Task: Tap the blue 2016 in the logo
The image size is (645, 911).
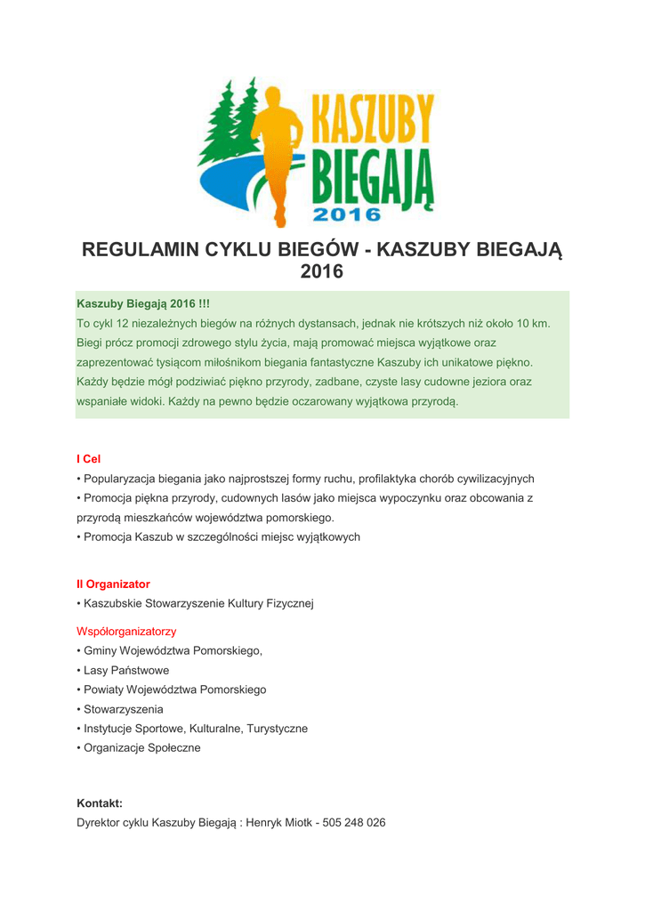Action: click(348, 214)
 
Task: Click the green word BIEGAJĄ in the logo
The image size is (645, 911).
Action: click(374, 179)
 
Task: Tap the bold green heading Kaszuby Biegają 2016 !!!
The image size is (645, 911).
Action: click(143, 304)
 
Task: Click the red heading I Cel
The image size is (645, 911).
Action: click(89, 459)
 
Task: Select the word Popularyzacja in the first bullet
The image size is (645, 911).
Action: click(118, 479)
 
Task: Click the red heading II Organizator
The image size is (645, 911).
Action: click(113, 584)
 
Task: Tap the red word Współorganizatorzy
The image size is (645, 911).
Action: click(126, 632)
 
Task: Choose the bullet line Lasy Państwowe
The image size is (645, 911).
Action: click(125, 670)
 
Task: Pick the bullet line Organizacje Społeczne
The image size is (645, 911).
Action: click(141, 748)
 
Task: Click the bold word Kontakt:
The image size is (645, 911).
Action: click(100, 803)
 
